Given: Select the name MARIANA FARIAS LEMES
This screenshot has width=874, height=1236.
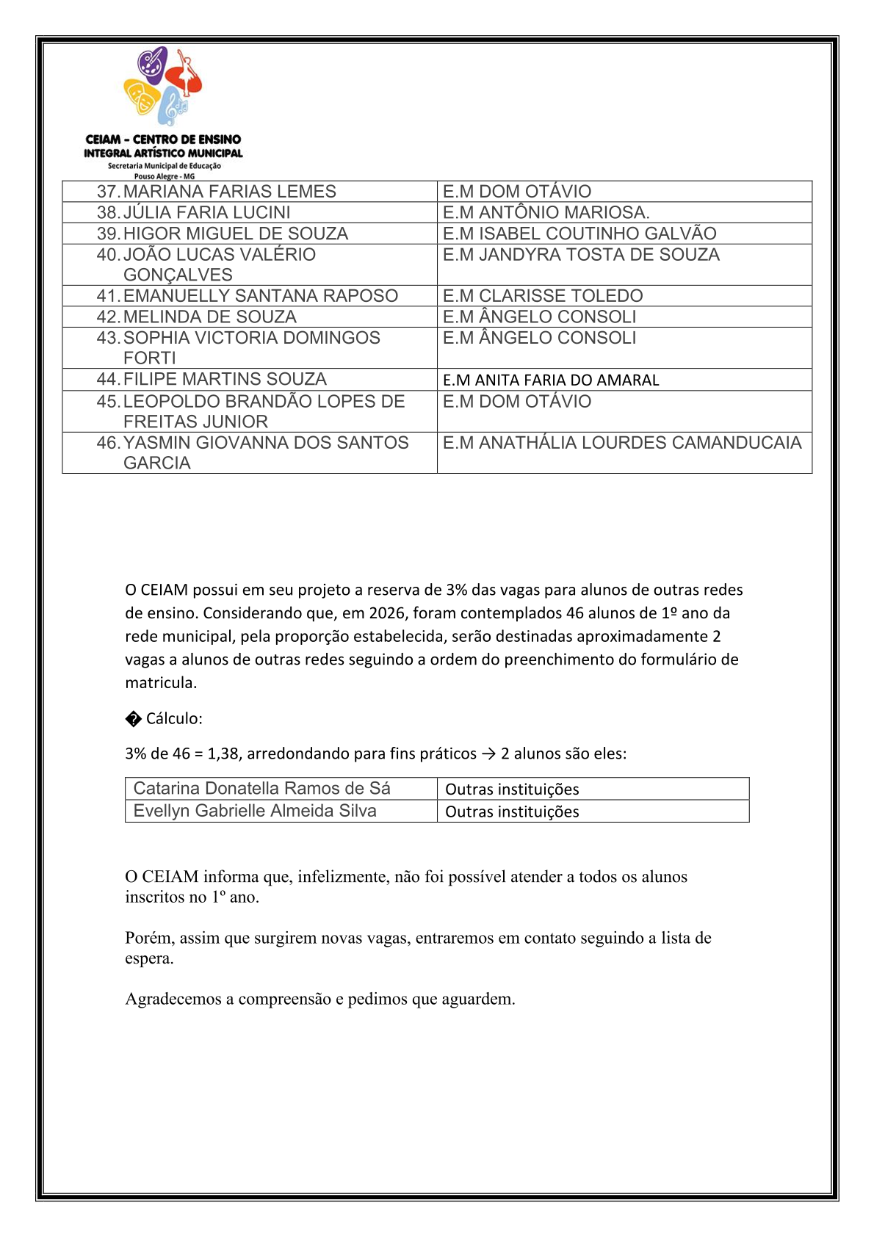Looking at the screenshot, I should point(229,192).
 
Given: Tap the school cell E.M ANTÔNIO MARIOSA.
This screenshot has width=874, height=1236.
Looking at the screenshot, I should point(546,213).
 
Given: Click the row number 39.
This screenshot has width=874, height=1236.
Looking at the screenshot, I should point(107,234).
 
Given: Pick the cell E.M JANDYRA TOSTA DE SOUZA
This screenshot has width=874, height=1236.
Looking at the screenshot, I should point(581,255).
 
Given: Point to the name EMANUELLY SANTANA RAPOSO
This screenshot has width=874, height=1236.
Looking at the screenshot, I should point(260,296).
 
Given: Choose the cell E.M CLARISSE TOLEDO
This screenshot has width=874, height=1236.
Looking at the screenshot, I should point(542,296).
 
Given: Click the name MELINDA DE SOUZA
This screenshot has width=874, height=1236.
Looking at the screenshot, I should point(209,317).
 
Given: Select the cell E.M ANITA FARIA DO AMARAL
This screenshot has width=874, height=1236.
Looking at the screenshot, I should point(551,380).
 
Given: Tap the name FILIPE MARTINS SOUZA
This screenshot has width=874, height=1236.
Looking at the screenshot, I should point(225,379).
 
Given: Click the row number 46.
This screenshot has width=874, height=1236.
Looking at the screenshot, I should point(107,443).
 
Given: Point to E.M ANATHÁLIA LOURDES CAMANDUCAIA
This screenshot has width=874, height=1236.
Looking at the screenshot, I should point(621,443).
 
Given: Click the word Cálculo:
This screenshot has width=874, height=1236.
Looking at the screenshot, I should point(174,718).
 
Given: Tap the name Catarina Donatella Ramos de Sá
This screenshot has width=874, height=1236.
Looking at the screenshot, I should point(261,789).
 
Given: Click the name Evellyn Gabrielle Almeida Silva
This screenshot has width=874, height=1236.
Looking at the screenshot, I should point(255,811).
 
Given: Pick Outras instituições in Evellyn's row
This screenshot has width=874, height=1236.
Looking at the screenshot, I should point(512,812).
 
